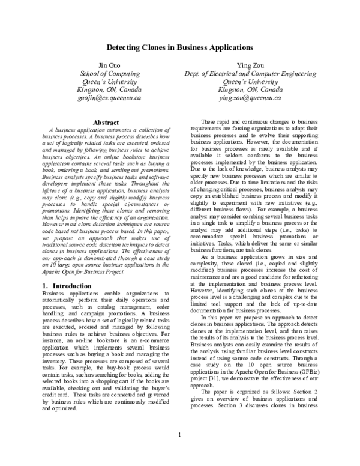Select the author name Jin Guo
tap(105, 64)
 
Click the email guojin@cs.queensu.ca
tap(105, 95)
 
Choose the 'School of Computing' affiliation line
tap(105, 73)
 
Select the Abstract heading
tap(105, 123)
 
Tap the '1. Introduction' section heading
tap(63, 268)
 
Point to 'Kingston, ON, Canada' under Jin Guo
tap(105, 88)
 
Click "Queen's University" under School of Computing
tap(105, 80)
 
